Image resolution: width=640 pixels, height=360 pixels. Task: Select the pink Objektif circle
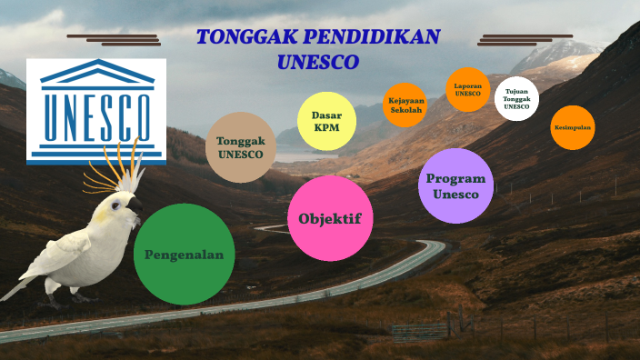tap(330, 218)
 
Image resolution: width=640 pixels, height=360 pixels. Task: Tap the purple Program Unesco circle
tap(455, 185)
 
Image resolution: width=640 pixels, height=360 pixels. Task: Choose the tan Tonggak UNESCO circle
tap(240, 147)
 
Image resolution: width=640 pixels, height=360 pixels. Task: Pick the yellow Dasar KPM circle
tap(326, 122)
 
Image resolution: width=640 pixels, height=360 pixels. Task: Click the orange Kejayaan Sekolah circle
tap(405, 105)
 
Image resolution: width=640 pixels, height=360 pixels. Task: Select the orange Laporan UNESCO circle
tap(468, 90)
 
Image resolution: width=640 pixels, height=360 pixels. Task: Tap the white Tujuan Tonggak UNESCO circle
tap(516, 99)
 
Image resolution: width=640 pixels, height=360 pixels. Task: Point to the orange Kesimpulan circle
tap(572, 128)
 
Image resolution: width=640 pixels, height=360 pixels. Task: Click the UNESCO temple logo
tap(96, 110)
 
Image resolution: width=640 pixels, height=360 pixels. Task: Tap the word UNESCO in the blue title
tap(317, 62)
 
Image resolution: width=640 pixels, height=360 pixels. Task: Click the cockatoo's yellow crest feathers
tap(118, 174)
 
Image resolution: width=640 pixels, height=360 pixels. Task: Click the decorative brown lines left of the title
tap(114, 39)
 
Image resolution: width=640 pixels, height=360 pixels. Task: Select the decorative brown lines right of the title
tap(525, 39)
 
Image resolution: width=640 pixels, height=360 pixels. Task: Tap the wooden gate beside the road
tap(420, 330)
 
